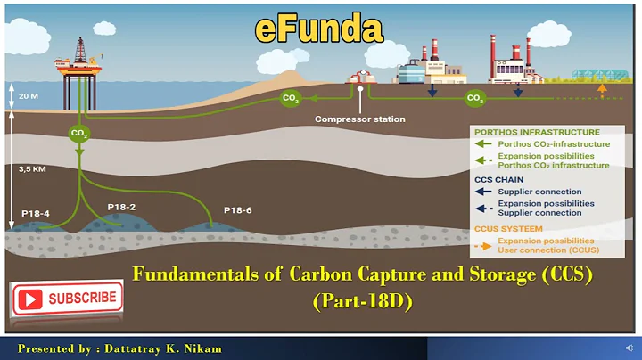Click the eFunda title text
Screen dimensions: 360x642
(x=318, y=29)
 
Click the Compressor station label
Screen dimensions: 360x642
(x=360, y=119)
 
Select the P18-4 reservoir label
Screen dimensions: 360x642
(x=37, y=214)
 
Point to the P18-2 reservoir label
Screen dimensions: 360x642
(x=121, y=207)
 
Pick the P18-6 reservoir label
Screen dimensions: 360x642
(x=238, y=210)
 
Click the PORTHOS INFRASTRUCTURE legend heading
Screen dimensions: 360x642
(x=525, y=132)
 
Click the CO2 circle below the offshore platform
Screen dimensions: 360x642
(x=80, y=134)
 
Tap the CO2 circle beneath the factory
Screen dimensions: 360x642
(x=475, y=97)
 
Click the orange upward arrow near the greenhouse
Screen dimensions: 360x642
(x=603, y=89)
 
